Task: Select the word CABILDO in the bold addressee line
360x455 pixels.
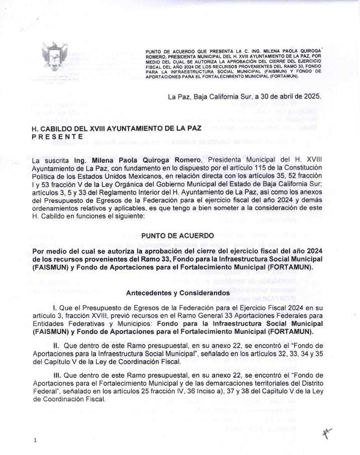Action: point(59,129)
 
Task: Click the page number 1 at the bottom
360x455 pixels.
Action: point(35,441)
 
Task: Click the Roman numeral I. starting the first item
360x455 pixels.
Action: point(55,307)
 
